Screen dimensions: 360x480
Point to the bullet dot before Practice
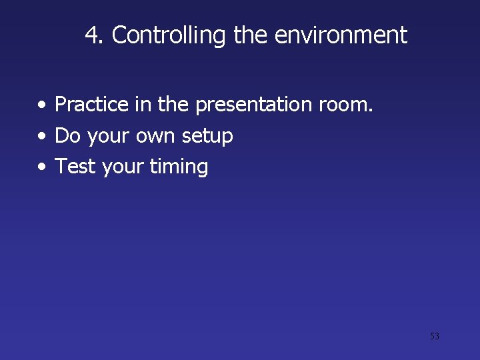coord(42,105)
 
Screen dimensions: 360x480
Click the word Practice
coord(91,105)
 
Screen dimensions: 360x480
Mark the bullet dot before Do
coord(42,137)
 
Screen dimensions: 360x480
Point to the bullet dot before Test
coord(42,167)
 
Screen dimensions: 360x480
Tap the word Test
coord(75,167)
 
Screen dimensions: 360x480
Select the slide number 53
coord(434,336)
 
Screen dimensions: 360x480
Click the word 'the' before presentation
coord(173,105)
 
